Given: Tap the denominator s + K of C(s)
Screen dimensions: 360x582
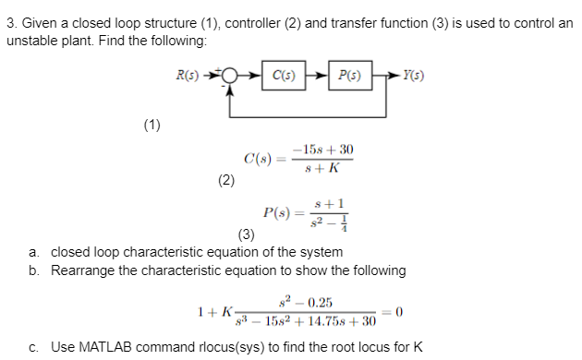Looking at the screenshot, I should coord(322,168).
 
